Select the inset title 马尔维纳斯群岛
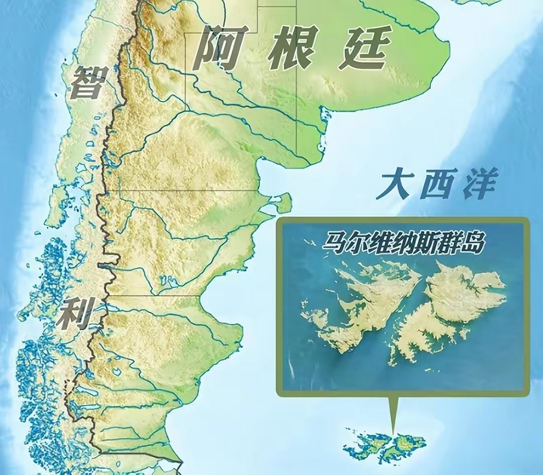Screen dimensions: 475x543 point(403,243)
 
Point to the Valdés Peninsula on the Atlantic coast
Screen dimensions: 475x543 point(284,202)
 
